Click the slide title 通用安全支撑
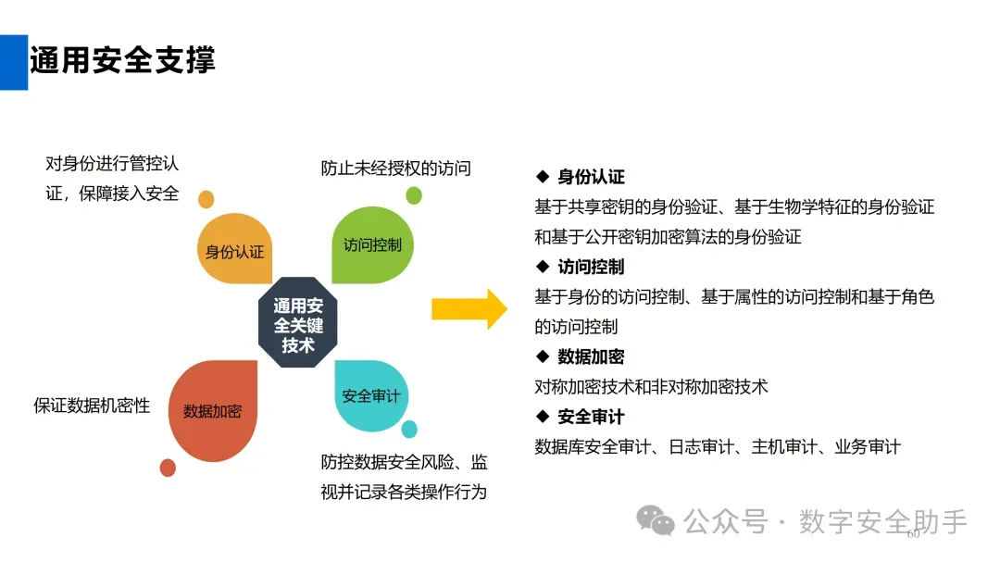[122, 61]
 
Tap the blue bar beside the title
[13, 62]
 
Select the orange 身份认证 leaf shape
[235, 249]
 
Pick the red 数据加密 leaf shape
[212, 409]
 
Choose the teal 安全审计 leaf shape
[370, 395]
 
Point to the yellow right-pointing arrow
[469, 308]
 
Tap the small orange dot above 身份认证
[206, 199]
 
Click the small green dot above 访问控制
[414, 195]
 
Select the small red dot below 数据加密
[168, 468]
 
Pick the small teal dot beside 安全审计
[409, 429]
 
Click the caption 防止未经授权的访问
[396, 168]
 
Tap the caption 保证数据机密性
[92, 405]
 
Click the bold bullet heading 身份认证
[591, 177]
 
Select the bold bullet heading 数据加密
[591, 356]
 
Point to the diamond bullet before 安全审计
[543, 416]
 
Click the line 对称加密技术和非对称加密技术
[651, 386]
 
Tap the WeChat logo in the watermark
[661, 523]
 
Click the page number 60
[914, 534]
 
